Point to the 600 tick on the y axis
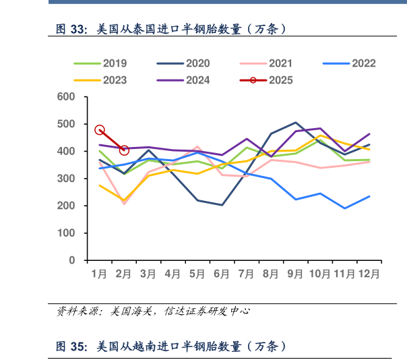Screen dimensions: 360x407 65,97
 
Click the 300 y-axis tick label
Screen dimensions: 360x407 65,179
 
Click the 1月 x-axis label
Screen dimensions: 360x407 99,274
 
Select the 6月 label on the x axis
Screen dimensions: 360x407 222,274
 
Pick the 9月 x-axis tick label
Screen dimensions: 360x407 295,274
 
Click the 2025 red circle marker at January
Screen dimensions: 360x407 100,130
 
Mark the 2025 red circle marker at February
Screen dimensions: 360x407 124,150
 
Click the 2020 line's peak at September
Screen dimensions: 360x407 296,123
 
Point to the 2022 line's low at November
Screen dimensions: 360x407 345,208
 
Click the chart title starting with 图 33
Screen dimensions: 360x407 173,29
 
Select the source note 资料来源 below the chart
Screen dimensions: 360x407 152,311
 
